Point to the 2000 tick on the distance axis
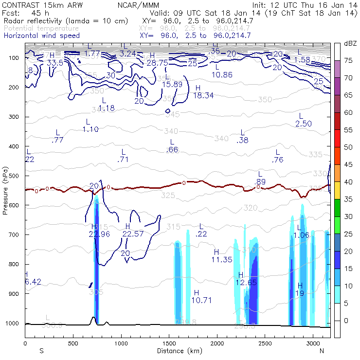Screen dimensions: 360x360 pos(216,343)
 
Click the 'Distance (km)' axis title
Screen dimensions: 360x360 pos(177,351)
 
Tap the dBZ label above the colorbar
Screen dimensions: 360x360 pos(350,44)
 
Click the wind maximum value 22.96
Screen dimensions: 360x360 pos(99,234)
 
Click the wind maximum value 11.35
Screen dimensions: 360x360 pos(222,259)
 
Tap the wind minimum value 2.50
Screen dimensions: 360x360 pos(304,124)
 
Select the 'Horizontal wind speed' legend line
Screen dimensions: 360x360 pos(41,36)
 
